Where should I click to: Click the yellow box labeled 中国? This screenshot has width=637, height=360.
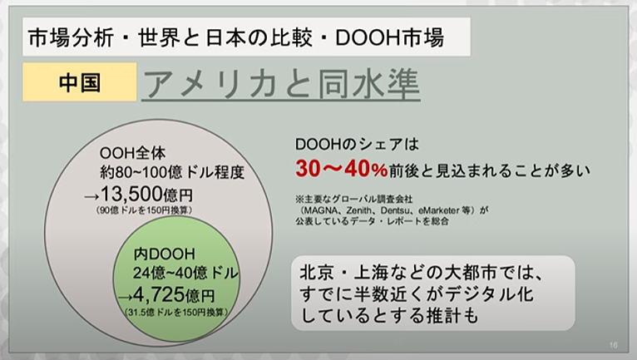(80, 81)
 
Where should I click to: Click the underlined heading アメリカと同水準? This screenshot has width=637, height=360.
(281, 85)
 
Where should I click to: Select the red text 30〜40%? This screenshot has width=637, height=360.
(341, 169)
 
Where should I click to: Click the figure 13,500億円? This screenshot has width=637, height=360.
(146, 195)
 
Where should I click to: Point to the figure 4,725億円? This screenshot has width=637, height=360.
(174, 295)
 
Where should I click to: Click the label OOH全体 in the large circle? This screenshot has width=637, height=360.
(133, 153)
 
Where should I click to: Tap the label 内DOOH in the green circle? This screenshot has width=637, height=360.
(165, 254)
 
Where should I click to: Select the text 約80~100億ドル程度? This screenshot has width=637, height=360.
(172, 172)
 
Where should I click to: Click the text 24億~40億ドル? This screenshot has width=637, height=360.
(185, 273)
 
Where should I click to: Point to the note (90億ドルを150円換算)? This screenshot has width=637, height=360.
(144, 210)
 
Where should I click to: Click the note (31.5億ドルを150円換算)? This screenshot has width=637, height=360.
(176, 312)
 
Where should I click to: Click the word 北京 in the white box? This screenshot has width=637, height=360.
(315, 273)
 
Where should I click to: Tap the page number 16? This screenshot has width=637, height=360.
(614, 345)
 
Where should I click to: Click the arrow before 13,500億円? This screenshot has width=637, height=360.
(91, 197)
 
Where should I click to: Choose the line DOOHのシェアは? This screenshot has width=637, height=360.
(357, 144)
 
